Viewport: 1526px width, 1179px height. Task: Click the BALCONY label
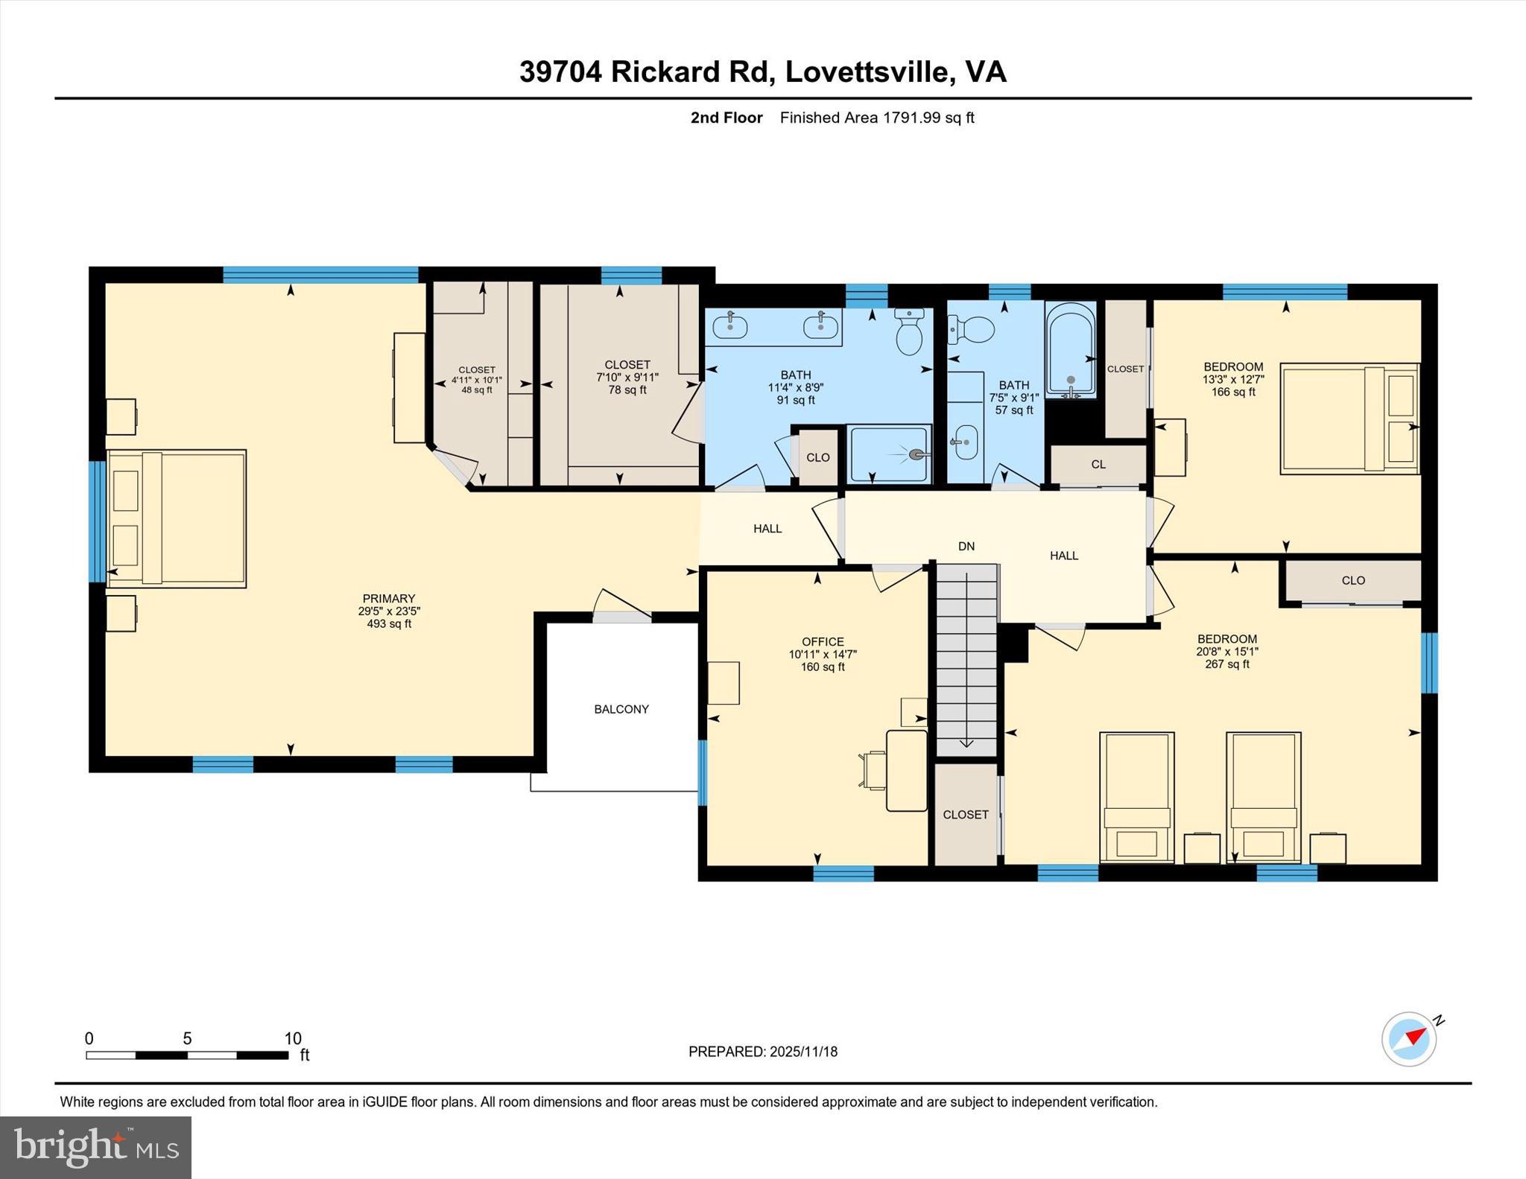coord(621,709)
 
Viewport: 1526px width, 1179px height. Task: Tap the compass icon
coord(1409,1038)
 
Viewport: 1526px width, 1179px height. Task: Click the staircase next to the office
coord(966,659)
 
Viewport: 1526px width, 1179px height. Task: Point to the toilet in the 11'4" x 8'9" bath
coord(909,332)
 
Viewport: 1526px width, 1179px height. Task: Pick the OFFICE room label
coord(823,641)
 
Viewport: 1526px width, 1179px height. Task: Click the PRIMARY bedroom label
coord(388,598)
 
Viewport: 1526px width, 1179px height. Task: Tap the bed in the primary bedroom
coord(177,518)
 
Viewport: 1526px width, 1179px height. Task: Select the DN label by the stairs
coord(966,546)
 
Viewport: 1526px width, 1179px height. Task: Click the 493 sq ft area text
coord(388,624)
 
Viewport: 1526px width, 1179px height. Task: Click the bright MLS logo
coord(95,1147)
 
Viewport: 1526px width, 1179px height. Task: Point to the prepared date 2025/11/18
coord(803,1052)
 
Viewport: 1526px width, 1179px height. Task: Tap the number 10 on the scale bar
coord(293,1038)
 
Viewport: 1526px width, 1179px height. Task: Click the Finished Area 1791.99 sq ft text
coord(877,118)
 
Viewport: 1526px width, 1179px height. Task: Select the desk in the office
coord(907,770)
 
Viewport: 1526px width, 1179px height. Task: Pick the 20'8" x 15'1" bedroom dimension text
coord(1226,651)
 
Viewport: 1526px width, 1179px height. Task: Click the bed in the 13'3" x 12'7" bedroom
coord(1349,418)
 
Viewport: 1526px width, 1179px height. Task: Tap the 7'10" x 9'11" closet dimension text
coord(627,378)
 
